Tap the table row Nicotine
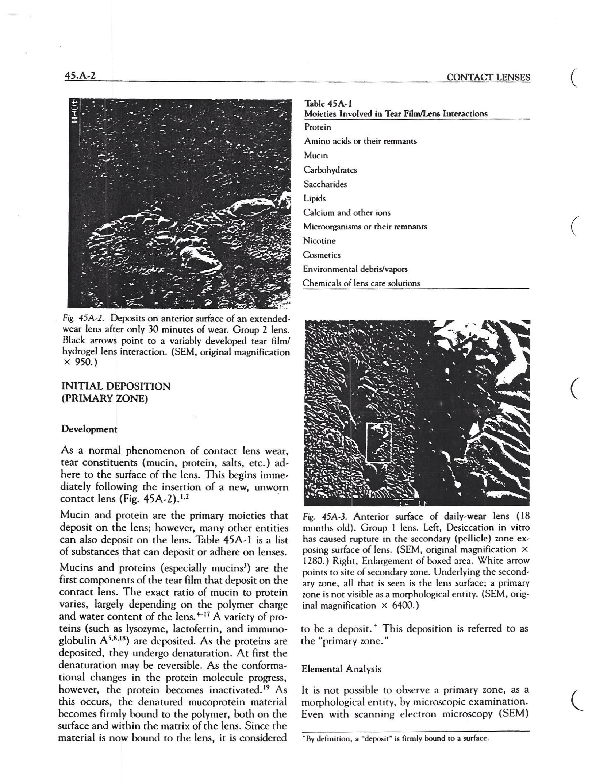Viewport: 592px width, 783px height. tap(319, 241)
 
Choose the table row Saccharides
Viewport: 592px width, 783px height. tap(325, 184)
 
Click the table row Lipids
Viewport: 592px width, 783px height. tap(315, 198)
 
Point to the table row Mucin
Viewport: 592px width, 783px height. tap(316, 156)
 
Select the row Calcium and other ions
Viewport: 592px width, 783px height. tap(347, 213)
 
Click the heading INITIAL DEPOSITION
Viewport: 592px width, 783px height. tap(116, 386)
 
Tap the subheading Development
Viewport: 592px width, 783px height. tap(89, 429)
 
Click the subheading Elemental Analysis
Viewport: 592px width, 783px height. tap(341, 669)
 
